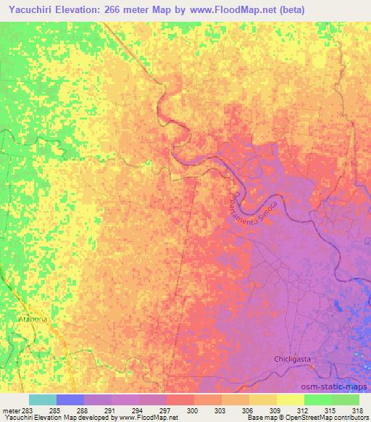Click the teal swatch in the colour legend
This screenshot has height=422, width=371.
tap(42, 400)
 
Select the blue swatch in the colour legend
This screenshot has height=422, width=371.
tap(70, 400)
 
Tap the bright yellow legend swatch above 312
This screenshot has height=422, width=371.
tap(290, 400)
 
